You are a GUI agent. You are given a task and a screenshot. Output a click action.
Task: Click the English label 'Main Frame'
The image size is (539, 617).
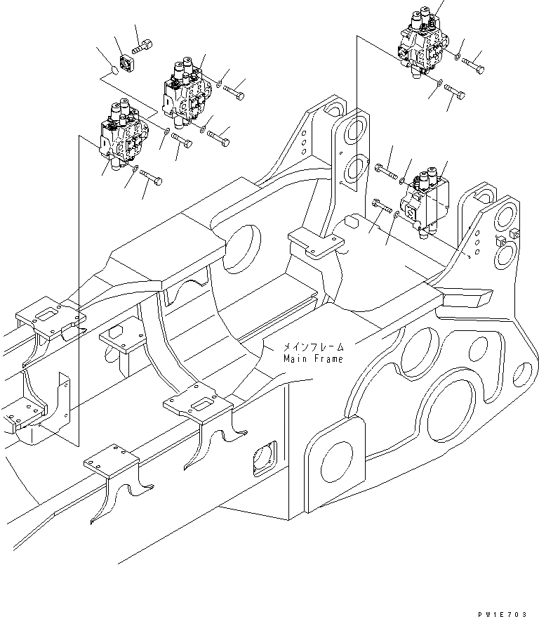coord(314,359)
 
